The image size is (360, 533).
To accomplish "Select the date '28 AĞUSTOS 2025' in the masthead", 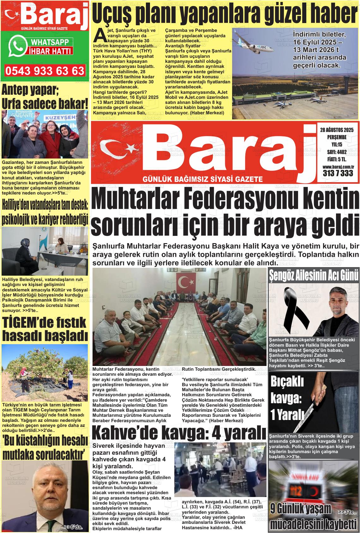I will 337,130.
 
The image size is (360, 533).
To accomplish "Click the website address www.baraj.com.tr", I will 338,166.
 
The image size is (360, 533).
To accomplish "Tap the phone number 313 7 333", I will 338,173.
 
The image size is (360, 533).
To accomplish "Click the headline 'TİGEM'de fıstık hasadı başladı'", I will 45,328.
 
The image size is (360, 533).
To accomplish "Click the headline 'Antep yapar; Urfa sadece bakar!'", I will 45,97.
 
